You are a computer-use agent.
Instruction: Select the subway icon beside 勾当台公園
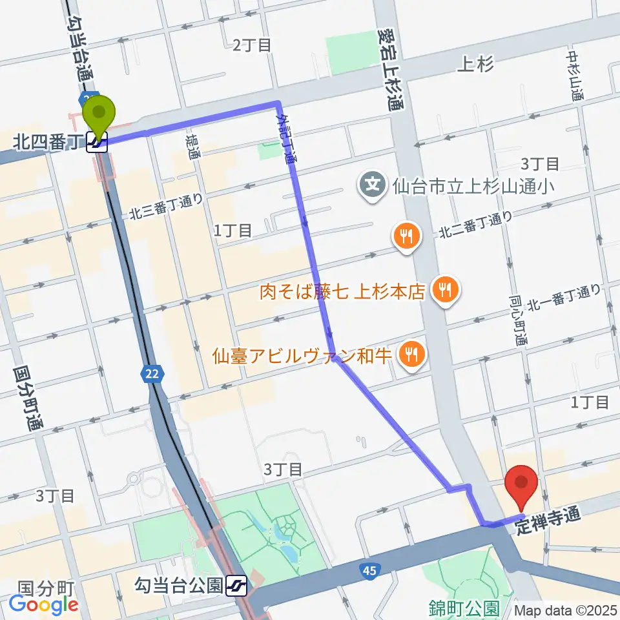click(237, 586)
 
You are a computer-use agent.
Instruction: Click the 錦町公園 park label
click(464, 608)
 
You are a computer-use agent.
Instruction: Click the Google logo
click(44, 604)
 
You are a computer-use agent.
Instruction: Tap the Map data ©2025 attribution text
click(565, 610)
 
